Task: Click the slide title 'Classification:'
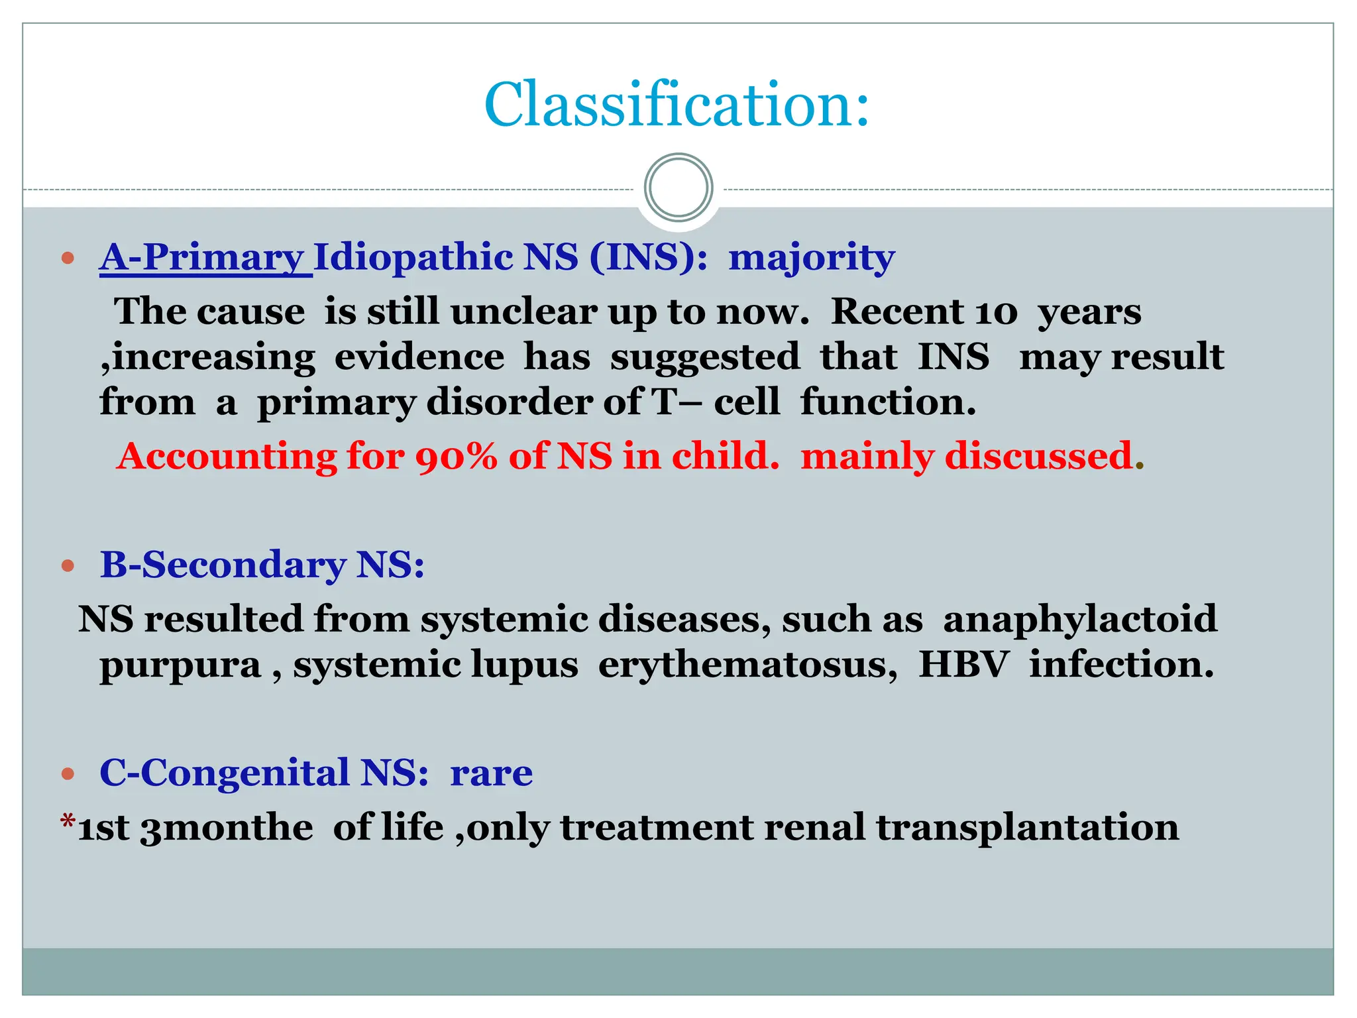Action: coord(677,105)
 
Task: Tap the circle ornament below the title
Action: coord(678,188)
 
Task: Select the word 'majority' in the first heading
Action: coord(811,257)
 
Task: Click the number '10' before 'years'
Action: coord(996,311)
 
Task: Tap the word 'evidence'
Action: coord(419,357)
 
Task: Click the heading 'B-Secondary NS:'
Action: coord(262,565)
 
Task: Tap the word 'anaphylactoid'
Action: coord(1079,619)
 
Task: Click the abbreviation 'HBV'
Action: coord(963,665)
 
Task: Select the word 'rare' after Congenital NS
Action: coord(491,773)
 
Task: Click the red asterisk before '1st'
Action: coord(68,822)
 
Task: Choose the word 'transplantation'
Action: coord(1027,828)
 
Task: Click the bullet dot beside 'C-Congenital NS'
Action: coord(68,773)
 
